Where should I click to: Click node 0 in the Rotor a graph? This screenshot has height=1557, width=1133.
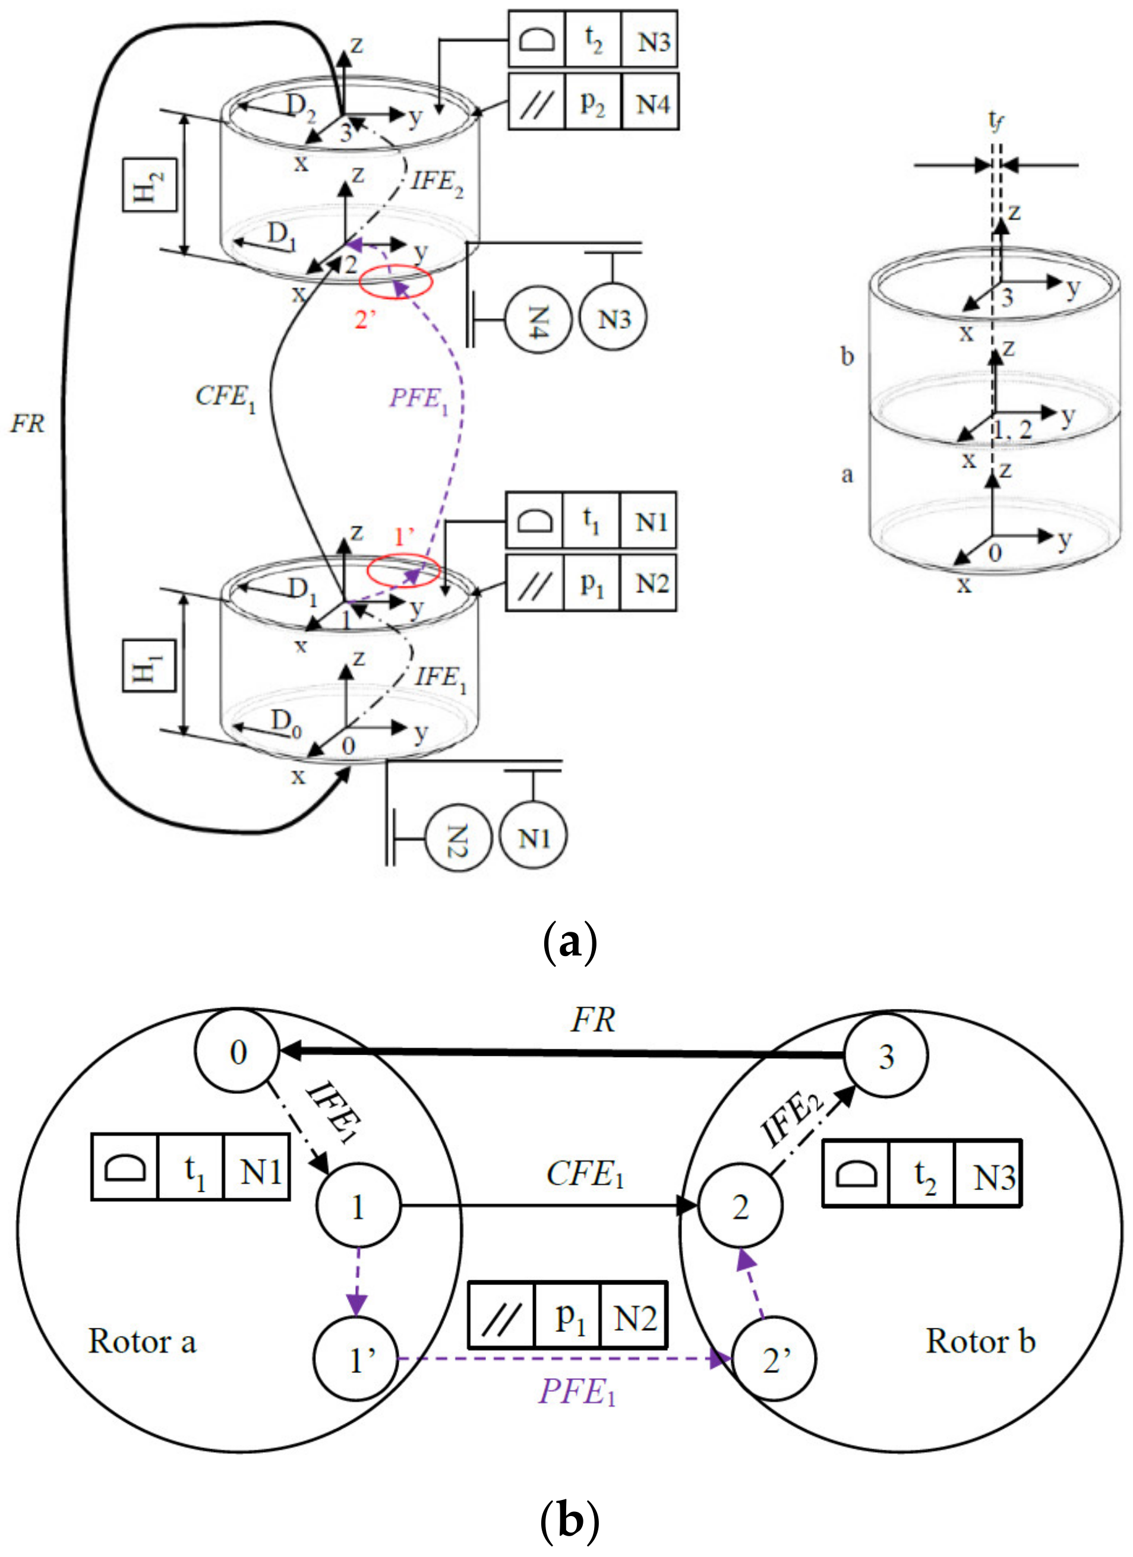pos(238,1052)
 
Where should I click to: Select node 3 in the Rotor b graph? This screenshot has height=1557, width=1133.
pos(886,1056)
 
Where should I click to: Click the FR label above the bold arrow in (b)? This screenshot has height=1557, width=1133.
pos(594,1021)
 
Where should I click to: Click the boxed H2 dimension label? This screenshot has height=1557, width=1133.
pos(150,184)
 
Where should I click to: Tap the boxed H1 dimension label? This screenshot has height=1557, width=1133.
pos(149,665)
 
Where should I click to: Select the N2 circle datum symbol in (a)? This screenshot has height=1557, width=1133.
pos(458,837)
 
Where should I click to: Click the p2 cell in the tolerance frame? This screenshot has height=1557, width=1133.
pos(592,102)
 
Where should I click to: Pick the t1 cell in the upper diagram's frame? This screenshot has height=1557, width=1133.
pos(591,520)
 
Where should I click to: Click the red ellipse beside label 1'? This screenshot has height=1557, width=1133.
pos(403,570)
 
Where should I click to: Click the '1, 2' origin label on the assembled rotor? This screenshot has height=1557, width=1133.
pos(1014,430)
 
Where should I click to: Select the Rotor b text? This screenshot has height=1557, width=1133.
pos(980,1341)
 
